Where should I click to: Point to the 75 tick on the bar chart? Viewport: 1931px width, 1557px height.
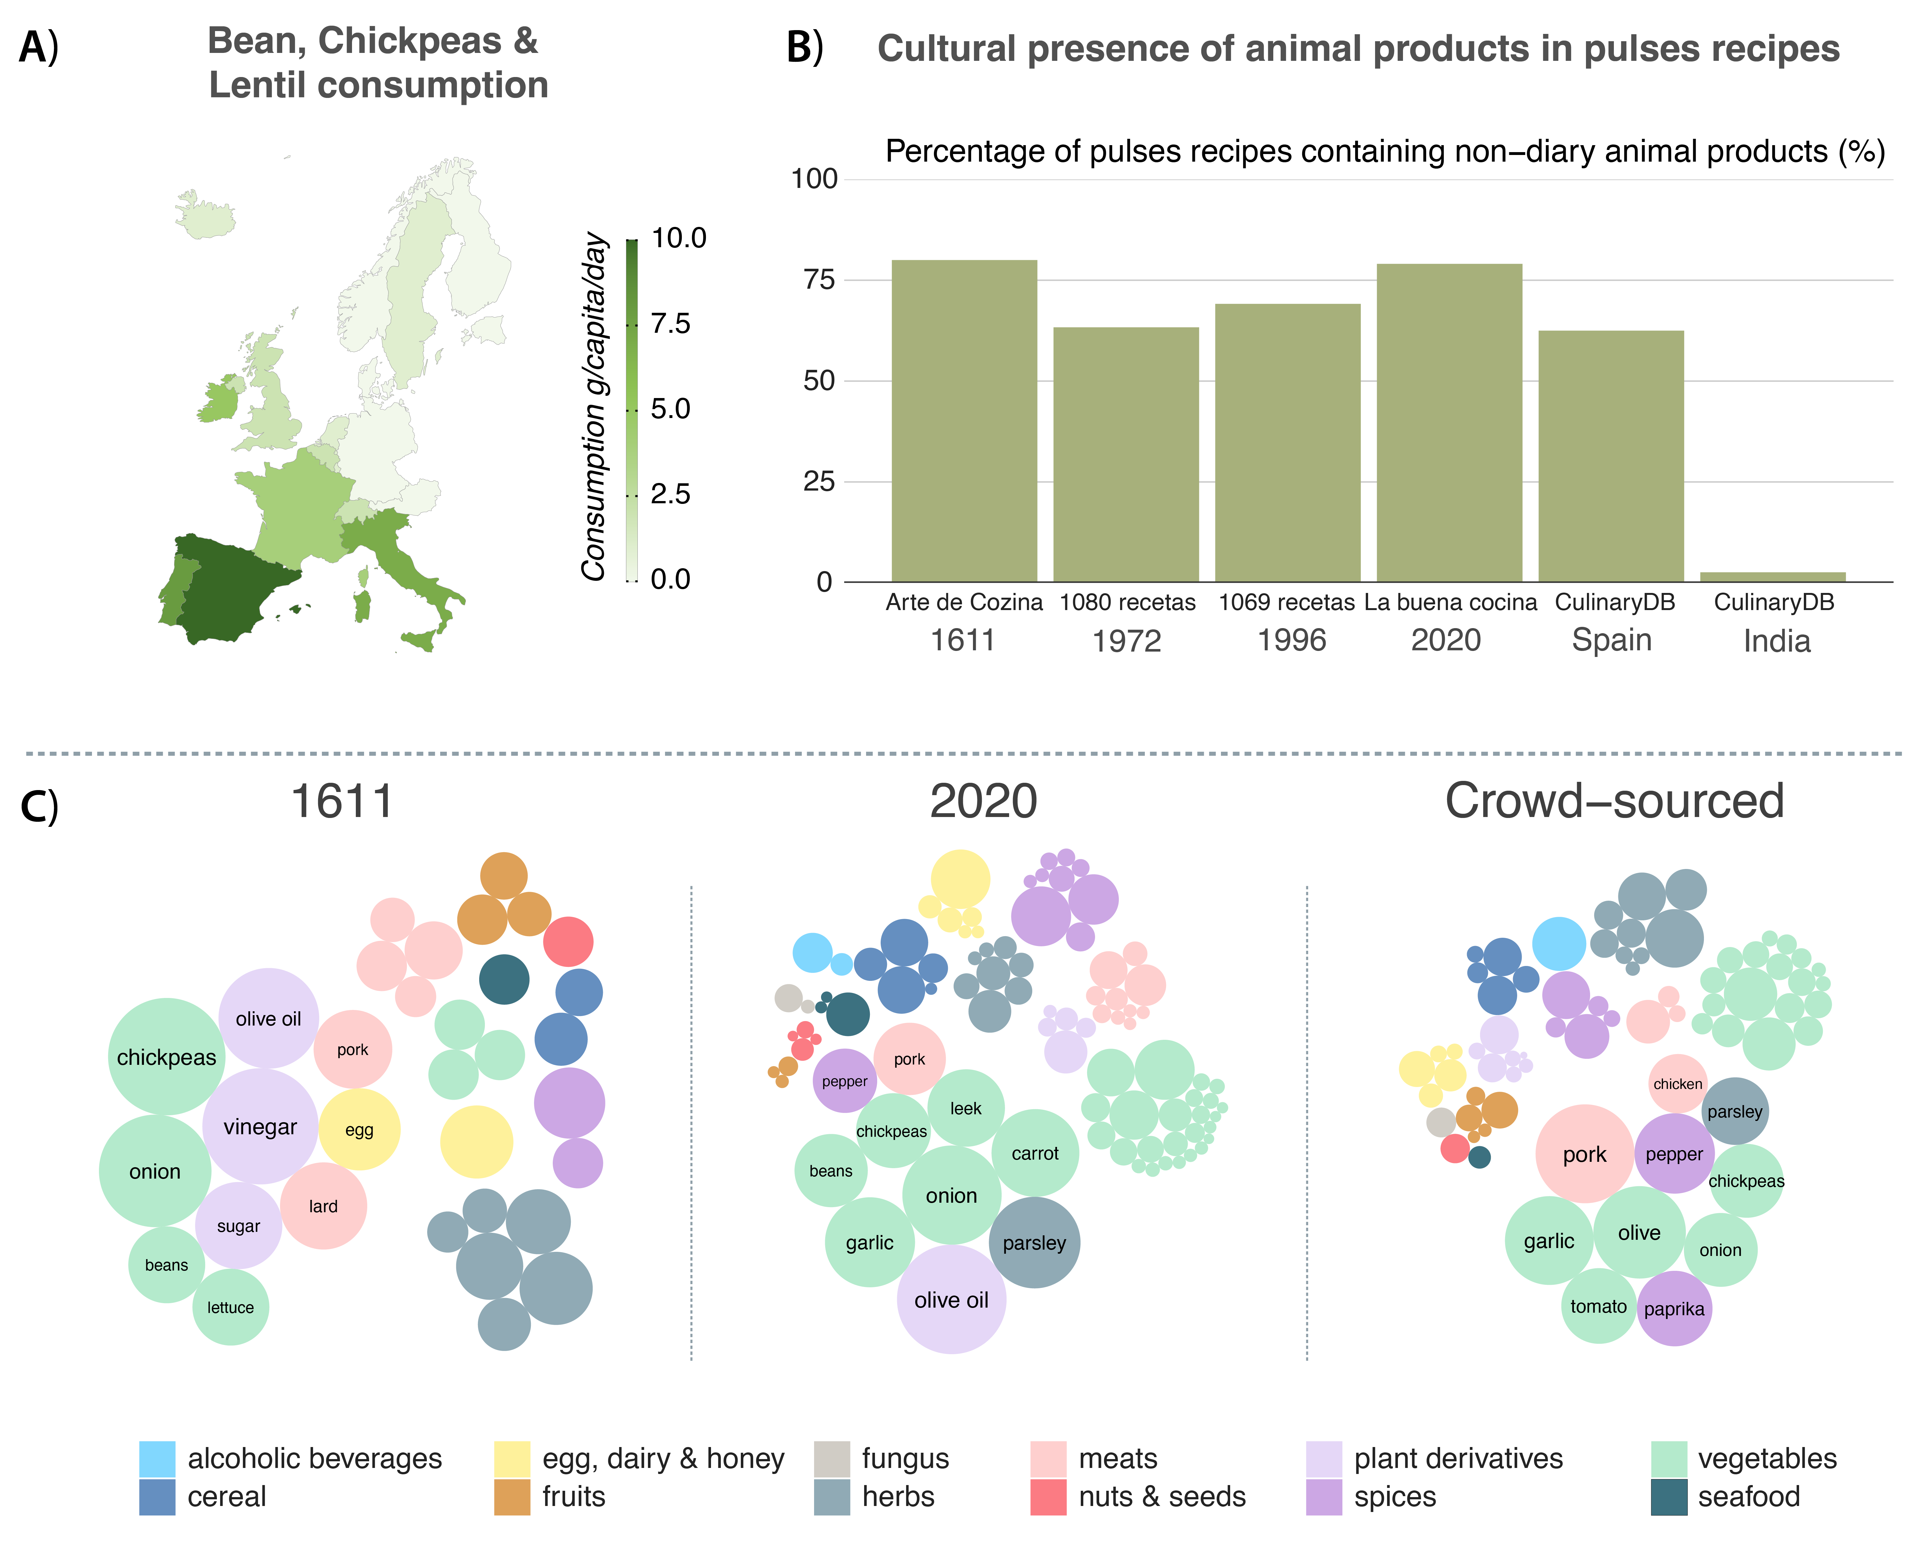(x=818, y=280)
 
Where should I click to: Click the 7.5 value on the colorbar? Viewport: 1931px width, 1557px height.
(x=670, y=324)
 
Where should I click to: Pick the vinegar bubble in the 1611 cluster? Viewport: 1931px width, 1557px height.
(x=260, y=1127)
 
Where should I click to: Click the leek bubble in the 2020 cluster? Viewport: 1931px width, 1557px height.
(x=965, y=1109)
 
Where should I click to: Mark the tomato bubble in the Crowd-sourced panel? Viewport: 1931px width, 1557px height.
(x=1598, y=1306)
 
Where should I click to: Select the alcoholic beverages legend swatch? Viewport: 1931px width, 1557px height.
(x=157, y=1458)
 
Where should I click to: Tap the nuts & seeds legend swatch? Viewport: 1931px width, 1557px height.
(x=1048, y=1497)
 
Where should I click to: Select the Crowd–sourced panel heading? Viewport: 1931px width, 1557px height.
(x=1613, y=801)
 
